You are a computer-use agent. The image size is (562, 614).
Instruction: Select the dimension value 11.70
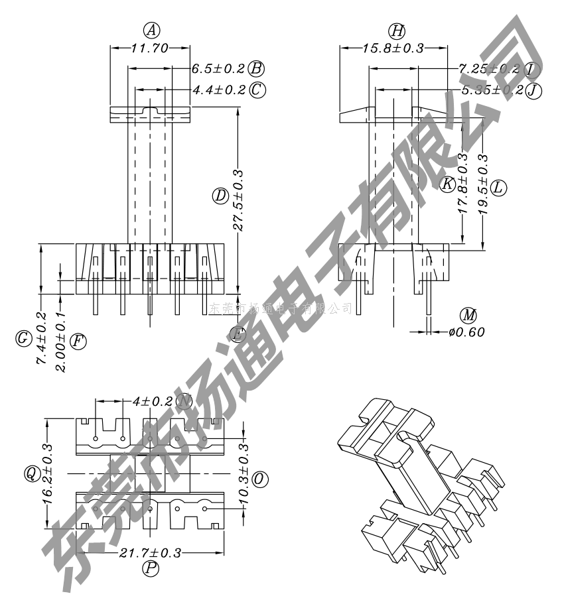coord(151,48)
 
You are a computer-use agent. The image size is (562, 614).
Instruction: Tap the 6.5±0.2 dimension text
coord(218,68)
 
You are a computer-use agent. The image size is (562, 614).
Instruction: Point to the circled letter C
coord(257,90)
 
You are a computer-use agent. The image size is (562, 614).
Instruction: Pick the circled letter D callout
coord(220,196)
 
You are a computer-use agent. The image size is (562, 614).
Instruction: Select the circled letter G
coord(23,339)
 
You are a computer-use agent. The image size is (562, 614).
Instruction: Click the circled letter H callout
coord(397,31)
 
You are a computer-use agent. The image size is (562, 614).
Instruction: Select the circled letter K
coord(448,184)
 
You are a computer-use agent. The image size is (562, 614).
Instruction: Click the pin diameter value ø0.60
coord(466,332)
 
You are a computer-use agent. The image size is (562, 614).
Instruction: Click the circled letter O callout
coord(260,479)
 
